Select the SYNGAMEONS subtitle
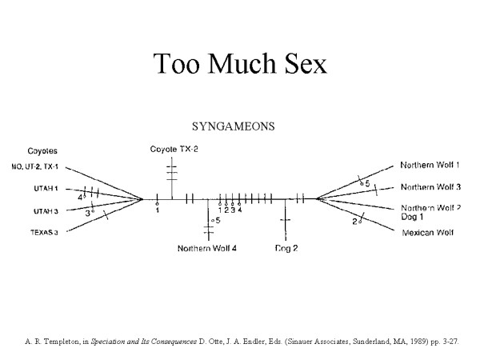pyautogui.click(x=234, y=126)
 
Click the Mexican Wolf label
pyautogui.click(x=426, y=233)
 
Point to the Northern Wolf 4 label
pyautogui.click(x=207, y=248)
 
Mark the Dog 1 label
pyautogui.click(x=414, y=217)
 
